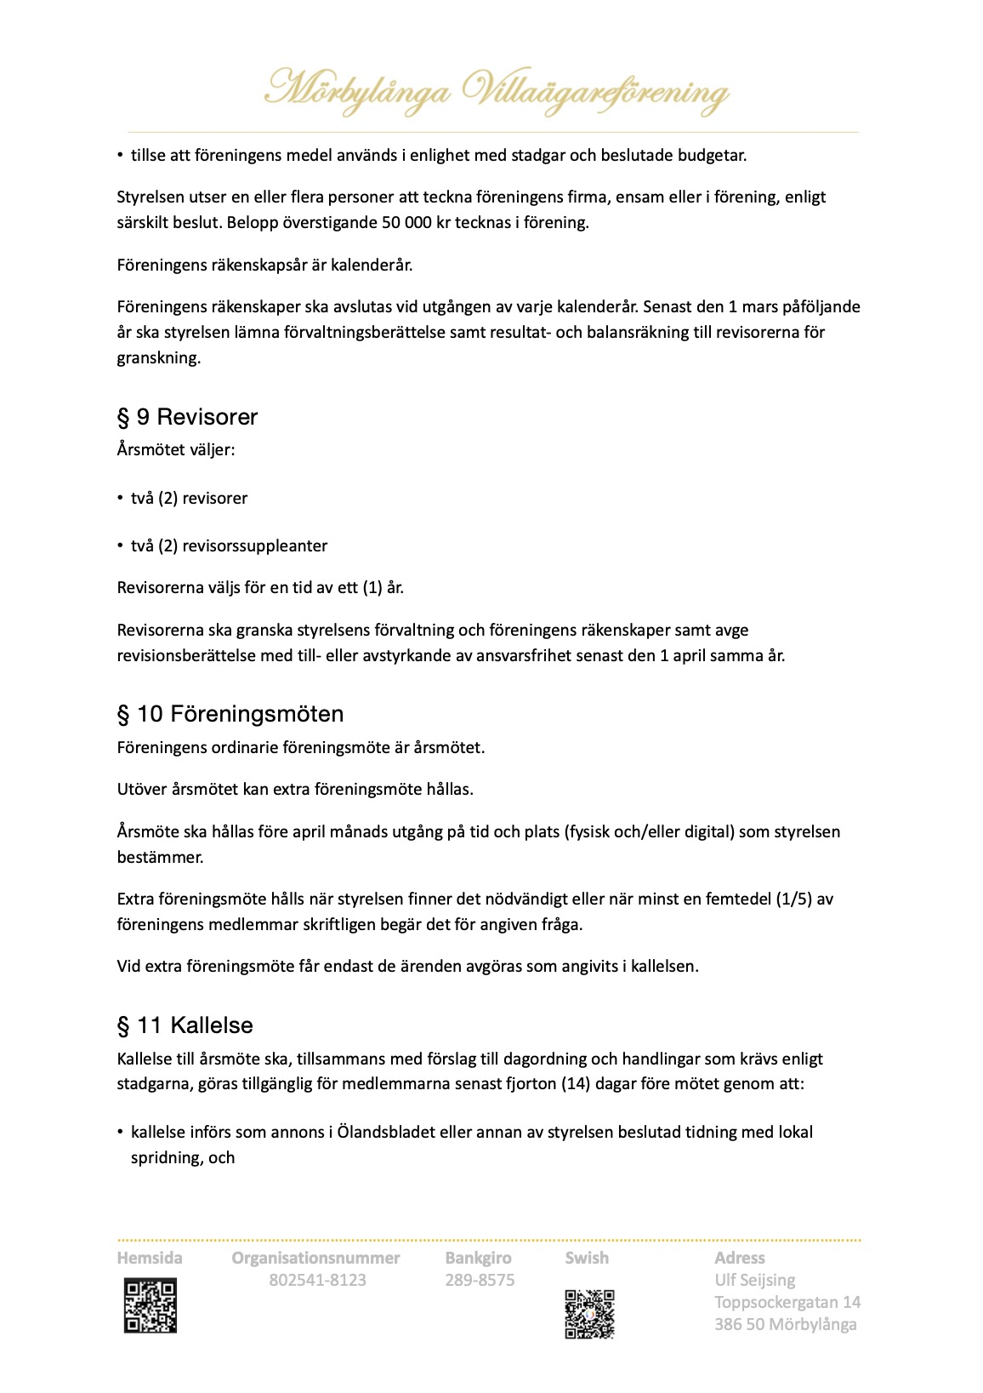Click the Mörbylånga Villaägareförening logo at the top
tap(496, 91)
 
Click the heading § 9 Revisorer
tap(187, 417)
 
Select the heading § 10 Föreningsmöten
tap(230, 714)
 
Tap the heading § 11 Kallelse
tap(185, 1025)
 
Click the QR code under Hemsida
tap(151, 1305)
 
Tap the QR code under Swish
tap(588, 1314)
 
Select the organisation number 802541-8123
tap(317, 1281)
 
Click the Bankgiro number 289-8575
tap(480, 1281)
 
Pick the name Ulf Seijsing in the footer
tap(755, 1281)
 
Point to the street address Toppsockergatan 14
tap(787, 1303)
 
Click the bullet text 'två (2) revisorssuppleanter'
tap(229, 546)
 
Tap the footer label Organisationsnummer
tap(315, 1259)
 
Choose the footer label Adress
tap(739, 1259)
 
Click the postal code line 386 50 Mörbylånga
tap(785, 1325)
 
